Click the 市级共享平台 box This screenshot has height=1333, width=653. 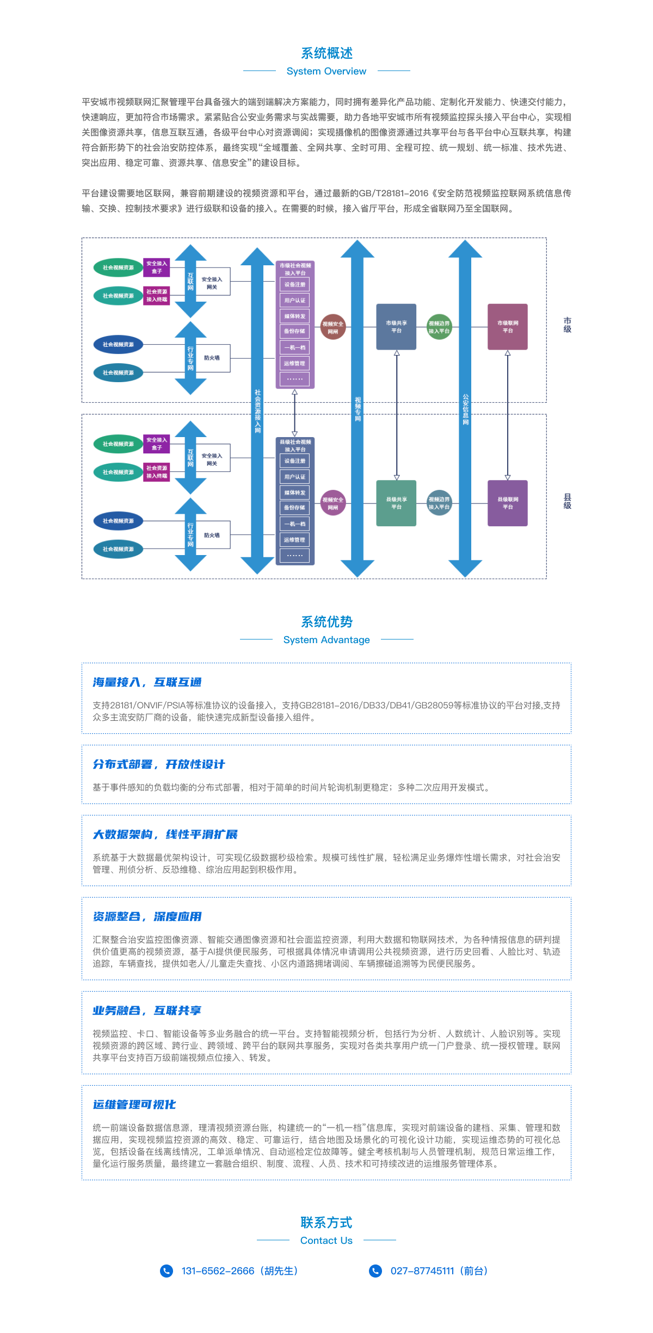pyautogui.click(x=396, y=327)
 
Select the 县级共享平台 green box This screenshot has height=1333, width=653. pyautogui.click(x=396, y=503)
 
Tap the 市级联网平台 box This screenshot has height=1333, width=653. pyautogui.click(x=508, y=327)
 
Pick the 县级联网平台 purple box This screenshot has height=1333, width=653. pyautogui.click(x=508, y=503)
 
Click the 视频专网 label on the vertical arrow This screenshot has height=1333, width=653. pyautogui.click(x=358, y=409)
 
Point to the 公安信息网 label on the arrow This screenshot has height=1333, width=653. pyautogui.click(x=465, y=409)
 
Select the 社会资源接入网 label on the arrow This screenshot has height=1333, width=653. pyautogui.click(x=257, y=410)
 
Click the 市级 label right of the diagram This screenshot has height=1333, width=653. pyautogui.click(x=567, y=325)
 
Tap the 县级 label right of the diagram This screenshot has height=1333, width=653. pyautogui.click(x=567, y=501)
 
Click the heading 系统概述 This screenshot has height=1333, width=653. pyautogui.click(x=326, y=53)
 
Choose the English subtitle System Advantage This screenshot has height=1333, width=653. pyautogui.click(x=326, y=640)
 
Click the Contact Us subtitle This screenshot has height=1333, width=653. pyautogui.click(x=326, y=1241)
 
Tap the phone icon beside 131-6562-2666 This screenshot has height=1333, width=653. pyautogui.click(x=167, y=1270)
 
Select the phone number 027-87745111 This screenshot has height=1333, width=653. pyautogui.click(x=422, y=1271)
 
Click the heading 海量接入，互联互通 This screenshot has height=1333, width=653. pyautogui.click(x=147, y=682)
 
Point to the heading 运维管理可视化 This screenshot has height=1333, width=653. pyautogui.click(x=134, y=1105)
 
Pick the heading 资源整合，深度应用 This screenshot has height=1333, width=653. pyautogui.click(x=147, y=917)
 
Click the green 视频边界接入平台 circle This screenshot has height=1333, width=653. pyautogui.click(x=439, y=327)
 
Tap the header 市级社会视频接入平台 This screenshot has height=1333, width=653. pyautogui.click(x=295, y=269)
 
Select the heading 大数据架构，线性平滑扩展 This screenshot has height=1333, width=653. pyautogui.click(x=165, y=834)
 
